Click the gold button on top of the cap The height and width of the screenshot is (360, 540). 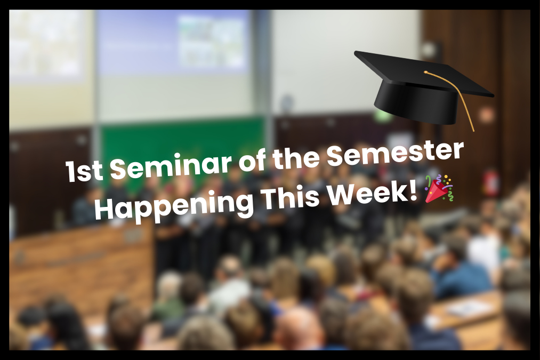coord(426,71)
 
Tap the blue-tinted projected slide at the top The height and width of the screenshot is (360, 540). coord(173,40)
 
